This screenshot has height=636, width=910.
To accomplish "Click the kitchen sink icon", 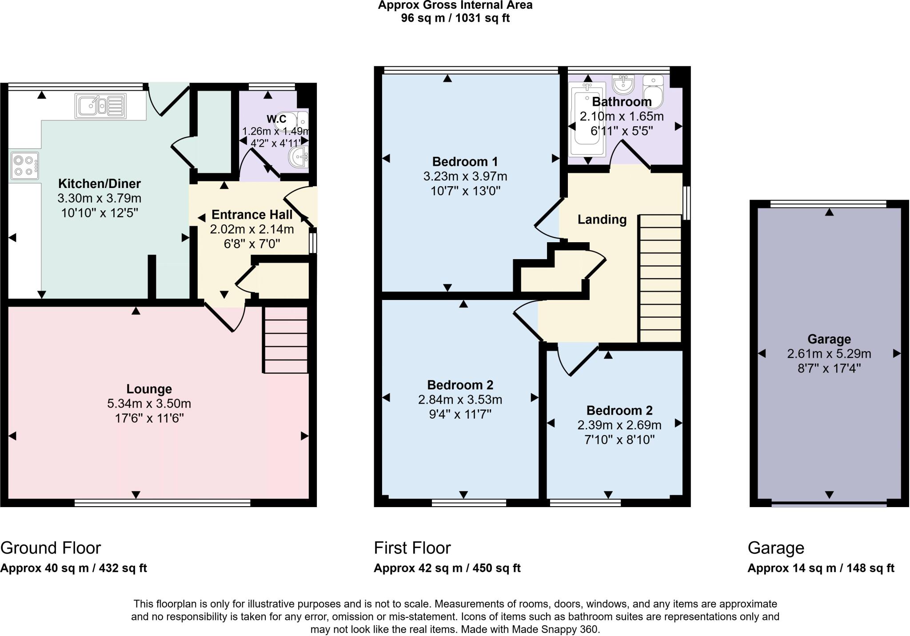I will click(x=101, y=106).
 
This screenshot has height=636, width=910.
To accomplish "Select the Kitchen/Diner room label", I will click(x=100, y=184).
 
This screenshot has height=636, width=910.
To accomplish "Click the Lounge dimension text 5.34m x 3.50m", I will click(x=149, y=404).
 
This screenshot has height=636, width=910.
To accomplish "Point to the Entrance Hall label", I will click(x=252, y=215).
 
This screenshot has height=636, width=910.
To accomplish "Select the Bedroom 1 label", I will click(x=465, y=161).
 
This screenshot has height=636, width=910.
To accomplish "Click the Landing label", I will click(x=602, y=219).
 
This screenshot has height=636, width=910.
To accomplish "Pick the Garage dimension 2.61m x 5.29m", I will click(x=829, y=354).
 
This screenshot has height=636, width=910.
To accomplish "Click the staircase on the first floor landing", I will click(x=660, y=278).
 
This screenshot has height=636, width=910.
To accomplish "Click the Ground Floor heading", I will click(x=51, y=548).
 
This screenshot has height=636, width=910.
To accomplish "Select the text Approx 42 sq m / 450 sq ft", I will click(x=447, y=568).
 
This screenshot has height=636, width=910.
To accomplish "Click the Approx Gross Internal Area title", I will click(x=455, y=6).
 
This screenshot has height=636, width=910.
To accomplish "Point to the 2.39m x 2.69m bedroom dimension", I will click(x=619, y=425).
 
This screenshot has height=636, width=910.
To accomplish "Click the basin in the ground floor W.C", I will click(x=298, y=156).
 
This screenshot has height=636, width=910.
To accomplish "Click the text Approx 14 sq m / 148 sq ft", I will click(x=821, y=568).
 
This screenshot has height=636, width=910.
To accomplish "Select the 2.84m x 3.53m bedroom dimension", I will click(x=460, y=400).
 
